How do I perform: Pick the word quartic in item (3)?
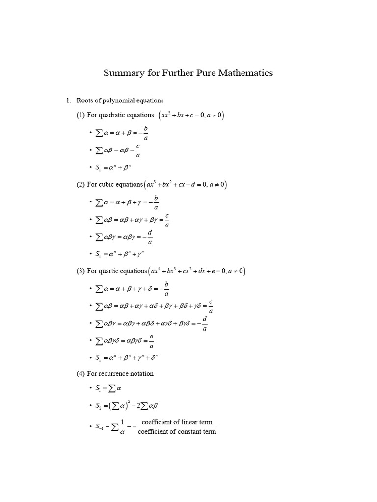pos(110,271)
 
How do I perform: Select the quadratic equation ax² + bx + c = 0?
pos(185,116)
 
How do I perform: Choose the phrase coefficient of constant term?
pos(177,432)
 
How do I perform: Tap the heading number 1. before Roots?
pos(69,100)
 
